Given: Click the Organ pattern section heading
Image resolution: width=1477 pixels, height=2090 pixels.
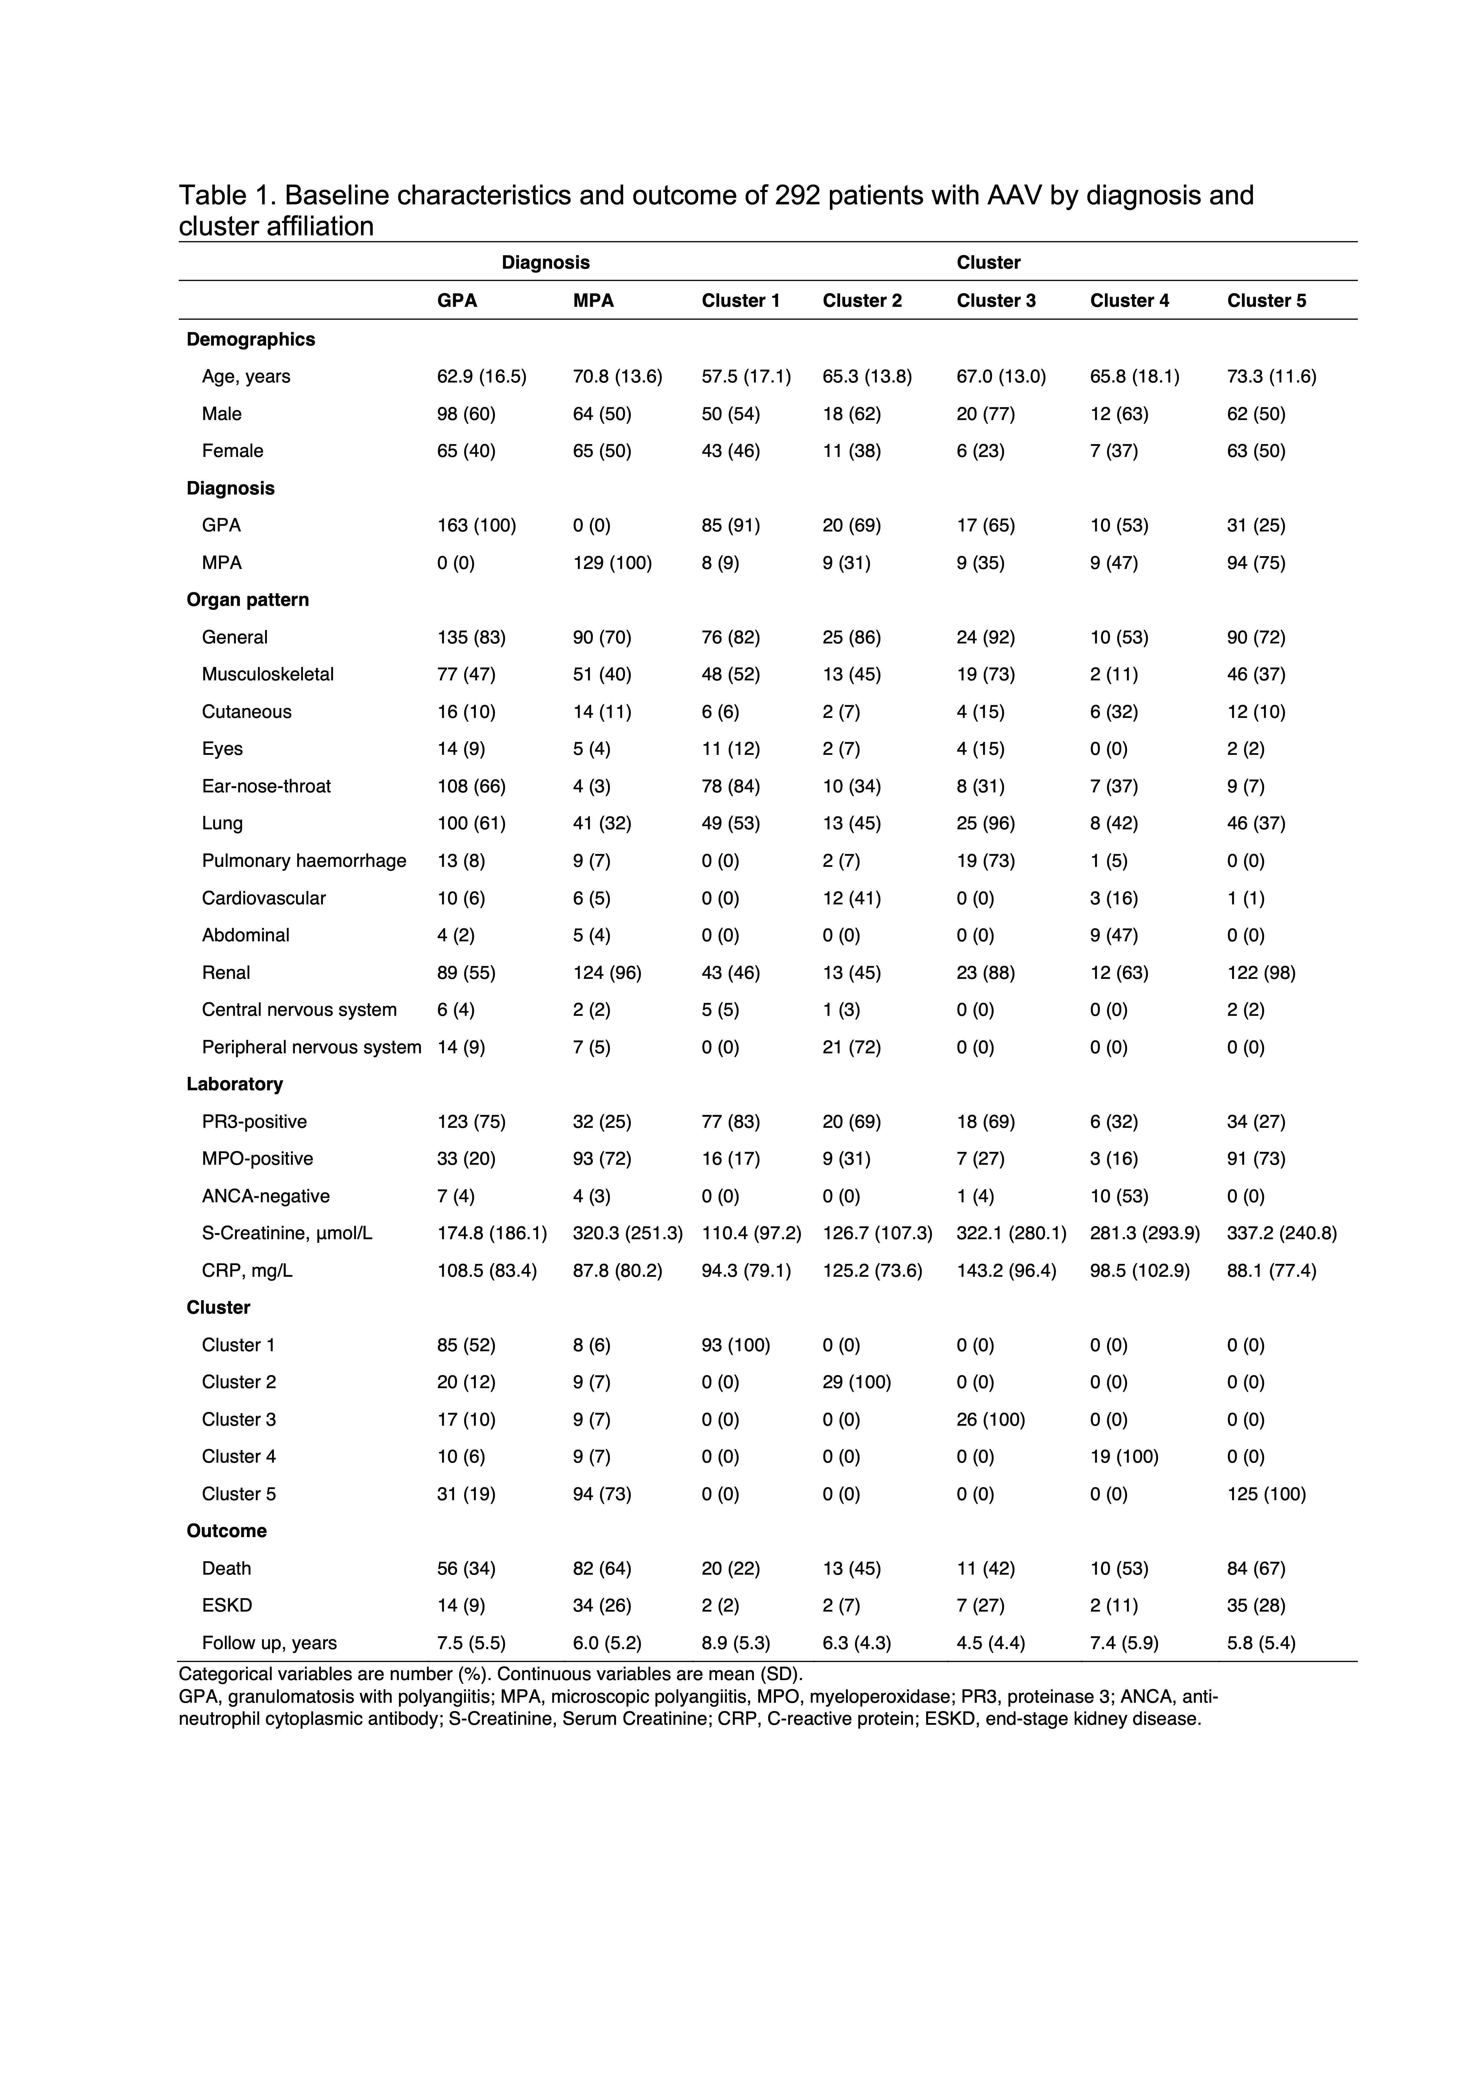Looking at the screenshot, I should click(x=248, y=600).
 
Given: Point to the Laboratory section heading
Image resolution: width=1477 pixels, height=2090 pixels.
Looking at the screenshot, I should click(x=235, y=1084).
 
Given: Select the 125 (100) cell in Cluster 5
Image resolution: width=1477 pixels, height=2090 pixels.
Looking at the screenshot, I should click(x=1266, y=1494).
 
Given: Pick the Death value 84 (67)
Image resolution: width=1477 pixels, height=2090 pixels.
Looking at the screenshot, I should click(x=1256, y=1568).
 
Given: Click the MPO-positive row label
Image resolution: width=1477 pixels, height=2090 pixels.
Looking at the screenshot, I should click(x=258, y=1159).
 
